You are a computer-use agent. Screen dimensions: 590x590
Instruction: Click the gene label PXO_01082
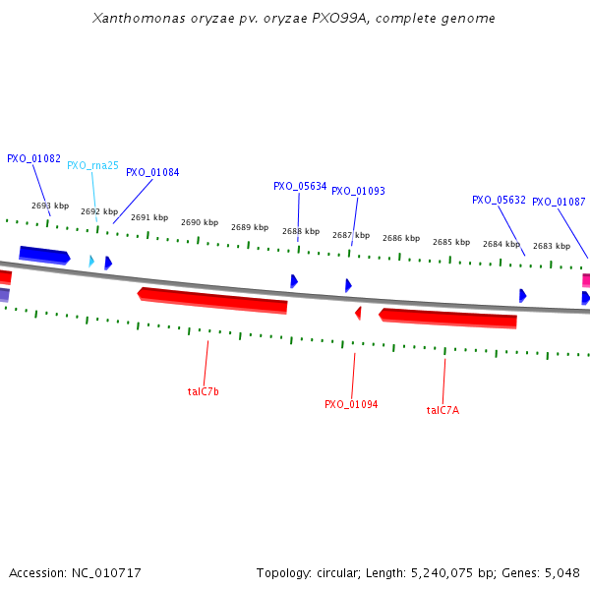pos(33,158)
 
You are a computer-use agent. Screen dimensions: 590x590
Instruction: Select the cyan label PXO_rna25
pos(92,165)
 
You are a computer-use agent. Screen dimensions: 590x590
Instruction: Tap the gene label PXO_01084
pos(152,172)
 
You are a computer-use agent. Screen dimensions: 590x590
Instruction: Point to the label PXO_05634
pos(300,186)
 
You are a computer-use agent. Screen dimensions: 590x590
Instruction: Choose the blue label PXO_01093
pos(358,191)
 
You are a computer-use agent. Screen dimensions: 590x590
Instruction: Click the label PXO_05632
pos(499,200)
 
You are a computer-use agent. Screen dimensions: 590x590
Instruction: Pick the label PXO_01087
pos(559,202)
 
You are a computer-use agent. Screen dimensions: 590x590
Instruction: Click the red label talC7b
pos(204,391)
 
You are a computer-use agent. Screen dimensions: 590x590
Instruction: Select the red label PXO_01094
pos(351,404)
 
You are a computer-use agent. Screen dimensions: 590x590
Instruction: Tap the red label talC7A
pos(442,410)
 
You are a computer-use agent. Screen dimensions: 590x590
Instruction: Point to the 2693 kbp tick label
pos(50,206)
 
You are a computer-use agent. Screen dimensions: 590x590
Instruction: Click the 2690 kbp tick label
pos(199,222)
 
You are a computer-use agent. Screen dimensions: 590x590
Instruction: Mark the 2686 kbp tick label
pos(400,238)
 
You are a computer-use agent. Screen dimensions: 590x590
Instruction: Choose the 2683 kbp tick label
pos(551,246)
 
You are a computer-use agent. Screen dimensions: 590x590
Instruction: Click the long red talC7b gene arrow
pos(213,300)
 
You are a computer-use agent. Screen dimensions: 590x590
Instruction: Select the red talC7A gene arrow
pos(448,318)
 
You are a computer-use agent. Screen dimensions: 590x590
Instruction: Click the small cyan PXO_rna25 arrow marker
pos(91,261)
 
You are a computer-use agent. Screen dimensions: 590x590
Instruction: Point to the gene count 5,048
pos(560,572)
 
